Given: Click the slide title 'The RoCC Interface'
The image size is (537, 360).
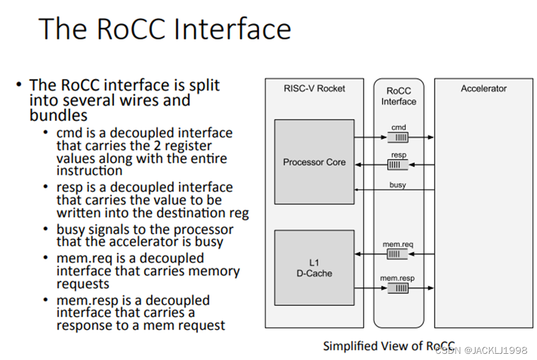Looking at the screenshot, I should coord(165,29).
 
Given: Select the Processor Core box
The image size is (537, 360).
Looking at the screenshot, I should coord(314,162).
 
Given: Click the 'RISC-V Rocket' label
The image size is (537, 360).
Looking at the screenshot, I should coord(314,89).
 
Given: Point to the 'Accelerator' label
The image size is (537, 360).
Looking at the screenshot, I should coord(484,89).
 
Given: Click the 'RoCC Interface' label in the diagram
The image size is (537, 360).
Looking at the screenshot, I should coord(399,96).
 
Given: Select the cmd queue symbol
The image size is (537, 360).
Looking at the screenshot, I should coord(399,137).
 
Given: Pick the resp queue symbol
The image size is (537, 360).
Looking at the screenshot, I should coord(399,165).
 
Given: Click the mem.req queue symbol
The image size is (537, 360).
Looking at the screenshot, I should coord(399,254).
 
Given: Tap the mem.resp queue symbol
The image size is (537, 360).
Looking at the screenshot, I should coord(399,288).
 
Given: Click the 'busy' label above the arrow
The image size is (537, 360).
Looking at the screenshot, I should coord(398,185).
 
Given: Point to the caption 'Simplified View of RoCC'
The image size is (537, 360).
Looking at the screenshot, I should coord(389,346).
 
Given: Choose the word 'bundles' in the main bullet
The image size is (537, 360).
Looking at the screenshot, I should coord(58,115).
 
